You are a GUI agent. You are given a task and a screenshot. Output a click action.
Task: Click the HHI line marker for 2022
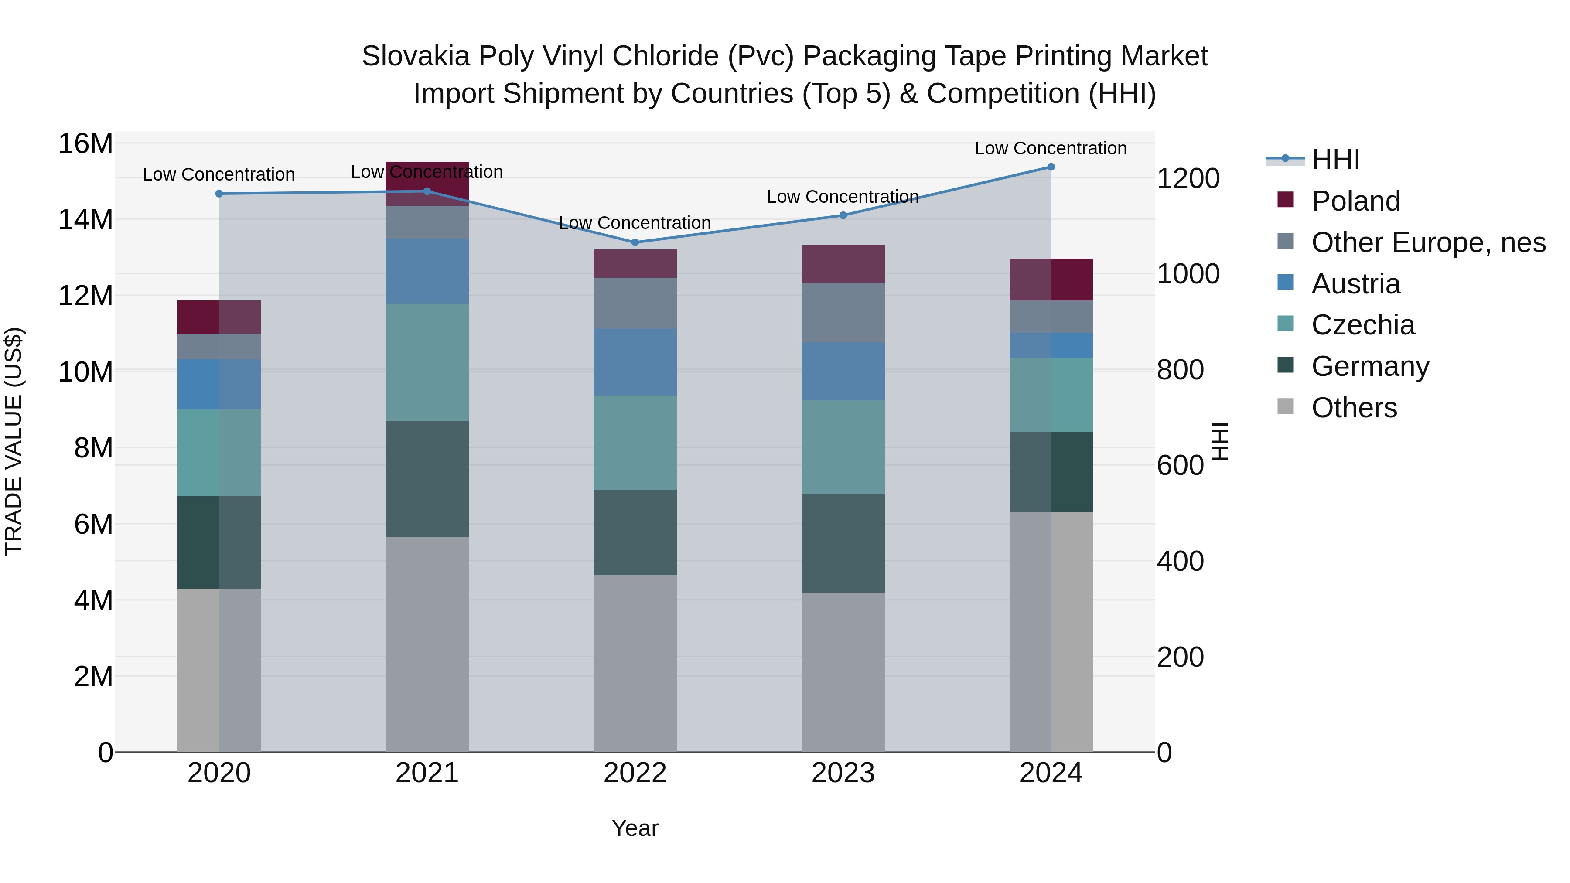pos(635,242)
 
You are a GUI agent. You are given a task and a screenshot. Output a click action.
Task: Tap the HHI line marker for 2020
pos(219,194)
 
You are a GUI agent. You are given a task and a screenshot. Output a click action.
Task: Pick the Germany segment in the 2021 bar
pos(427,479)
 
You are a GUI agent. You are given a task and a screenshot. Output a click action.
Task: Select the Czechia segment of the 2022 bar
pos(635,443)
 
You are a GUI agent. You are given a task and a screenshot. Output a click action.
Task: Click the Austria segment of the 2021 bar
pos(427,271)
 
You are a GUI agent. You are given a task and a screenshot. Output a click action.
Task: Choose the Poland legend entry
pos(1355,201)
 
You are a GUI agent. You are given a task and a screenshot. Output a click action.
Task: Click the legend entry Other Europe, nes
pos(1428,242)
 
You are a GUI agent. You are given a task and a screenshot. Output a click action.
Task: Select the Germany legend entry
pos(1370,366)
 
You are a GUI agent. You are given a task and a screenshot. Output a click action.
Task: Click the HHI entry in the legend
pos(1335,160)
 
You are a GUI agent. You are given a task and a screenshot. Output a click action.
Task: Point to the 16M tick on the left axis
pos(85,144)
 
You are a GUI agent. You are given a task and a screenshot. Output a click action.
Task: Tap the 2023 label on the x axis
pos(843,773)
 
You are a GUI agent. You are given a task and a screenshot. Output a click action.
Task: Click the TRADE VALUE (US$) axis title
pos(14,441)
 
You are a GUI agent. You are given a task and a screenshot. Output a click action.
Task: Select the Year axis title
pos(635,828)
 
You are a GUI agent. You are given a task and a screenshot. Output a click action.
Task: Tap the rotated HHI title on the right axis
pos(1220,441)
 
